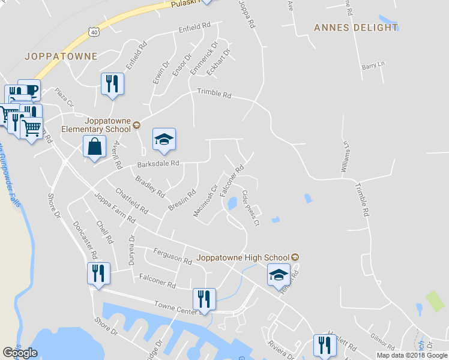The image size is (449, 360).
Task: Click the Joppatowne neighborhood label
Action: pyautogui.click(x=61, y=56)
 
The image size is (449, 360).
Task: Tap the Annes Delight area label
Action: pyautogui.click(x=356, y=28)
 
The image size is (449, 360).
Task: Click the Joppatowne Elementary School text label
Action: pyautogui.click(x=99, y=124)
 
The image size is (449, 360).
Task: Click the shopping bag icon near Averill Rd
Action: pyautogui.click(x=95, y=148)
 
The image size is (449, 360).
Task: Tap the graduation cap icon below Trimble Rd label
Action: pyautogui.click(x=164, y=140)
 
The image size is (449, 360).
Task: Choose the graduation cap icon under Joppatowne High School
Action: pyautogui.click(x=279, y=275)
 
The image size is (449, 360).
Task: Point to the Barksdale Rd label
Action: pyautogui.click(x=158, y=163)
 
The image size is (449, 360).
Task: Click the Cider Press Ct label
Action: pyautogui.click(x=250, y=208)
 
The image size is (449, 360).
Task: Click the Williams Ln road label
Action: pyautogui.click(x=345, y=158)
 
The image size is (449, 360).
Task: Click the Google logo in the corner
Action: pyautogui.click(x=20, y=353)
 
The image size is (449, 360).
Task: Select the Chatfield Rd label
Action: pyautogui.click(x=131, y=201)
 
